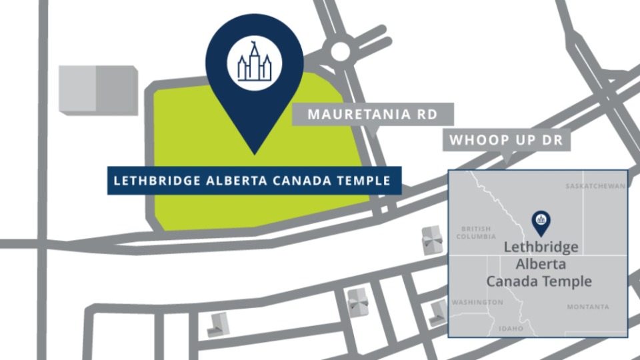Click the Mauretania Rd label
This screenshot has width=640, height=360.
tap(373, 115)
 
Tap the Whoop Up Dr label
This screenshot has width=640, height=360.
tap(506, 141)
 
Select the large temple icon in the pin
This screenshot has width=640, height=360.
tap(254, 62)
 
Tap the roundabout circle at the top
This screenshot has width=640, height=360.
tap(340, 51)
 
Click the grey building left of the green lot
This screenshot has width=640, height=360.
tap(98, 89)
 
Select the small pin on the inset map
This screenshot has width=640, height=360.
tap(541, 222)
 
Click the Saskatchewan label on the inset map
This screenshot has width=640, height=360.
tap(595, 185)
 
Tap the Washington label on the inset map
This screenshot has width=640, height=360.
tap(477, 303)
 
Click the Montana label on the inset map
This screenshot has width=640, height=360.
tap(588, 307)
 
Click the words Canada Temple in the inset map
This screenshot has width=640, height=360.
tap(539, 281)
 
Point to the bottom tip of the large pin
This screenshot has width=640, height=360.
tap(254, 153)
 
